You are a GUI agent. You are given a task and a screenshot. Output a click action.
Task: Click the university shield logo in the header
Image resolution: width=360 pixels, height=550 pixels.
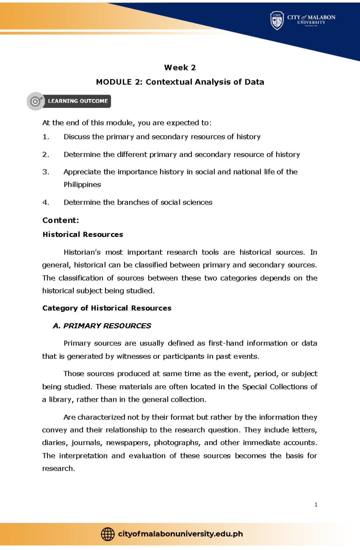(277, 20)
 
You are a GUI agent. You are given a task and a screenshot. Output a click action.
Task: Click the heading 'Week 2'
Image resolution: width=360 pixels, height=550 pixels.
(180, 68)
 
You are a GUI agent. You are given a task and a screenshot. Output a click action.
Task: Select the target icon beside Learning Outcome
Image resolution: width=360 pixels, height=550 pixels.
(36, 101)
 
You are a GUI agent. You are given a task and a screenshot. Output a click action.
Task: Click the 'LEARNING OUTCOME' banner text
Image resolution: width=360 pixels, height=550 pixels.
(78, 101)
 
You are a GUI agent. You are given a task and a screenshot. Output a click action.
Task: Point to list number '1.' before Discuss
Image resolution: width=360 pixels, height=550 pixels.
(46, 137)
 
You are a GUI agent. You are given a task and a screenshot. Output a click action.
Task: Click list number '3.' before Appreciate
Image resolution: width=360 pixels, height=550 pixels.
(46, 172)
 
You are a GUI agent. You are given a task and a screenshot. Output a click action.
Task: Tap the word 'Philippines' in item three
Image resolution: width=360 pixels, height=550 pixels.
(82, 185)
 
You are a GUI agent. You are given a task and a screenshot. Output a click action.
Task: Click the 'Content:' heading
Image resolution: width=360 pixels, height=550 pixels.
(61, 220)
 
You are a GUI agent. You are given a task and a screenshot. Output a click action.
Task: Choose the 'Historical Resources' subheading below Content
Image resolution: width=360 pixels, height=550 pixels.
(83, 234)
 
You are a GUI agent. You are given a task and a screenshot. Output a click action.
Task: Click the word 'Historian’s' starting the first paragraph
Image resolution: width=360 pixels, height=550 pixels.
(82, 252)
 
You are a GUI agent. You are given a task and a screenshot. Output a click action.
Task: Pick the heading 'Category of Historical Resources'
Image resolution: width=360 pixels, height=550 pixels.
(107, 308)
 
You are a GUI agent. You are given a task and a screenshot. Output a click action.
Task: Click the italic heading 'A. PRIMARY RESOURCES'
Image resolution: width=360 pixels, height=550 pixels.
(102, 326)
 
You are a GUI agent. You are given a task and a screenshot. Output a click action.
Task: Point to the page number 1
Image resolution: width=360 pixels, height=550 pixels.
(316, 505)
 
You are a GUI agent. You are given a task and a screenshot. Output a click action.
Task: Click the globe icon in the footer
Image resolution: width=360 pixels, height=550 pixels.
(108, 534)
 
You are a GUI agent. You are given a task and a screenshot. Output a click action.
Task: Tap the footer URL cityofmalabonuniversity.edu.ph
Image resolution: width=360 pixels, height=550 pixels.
(180, 534)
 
